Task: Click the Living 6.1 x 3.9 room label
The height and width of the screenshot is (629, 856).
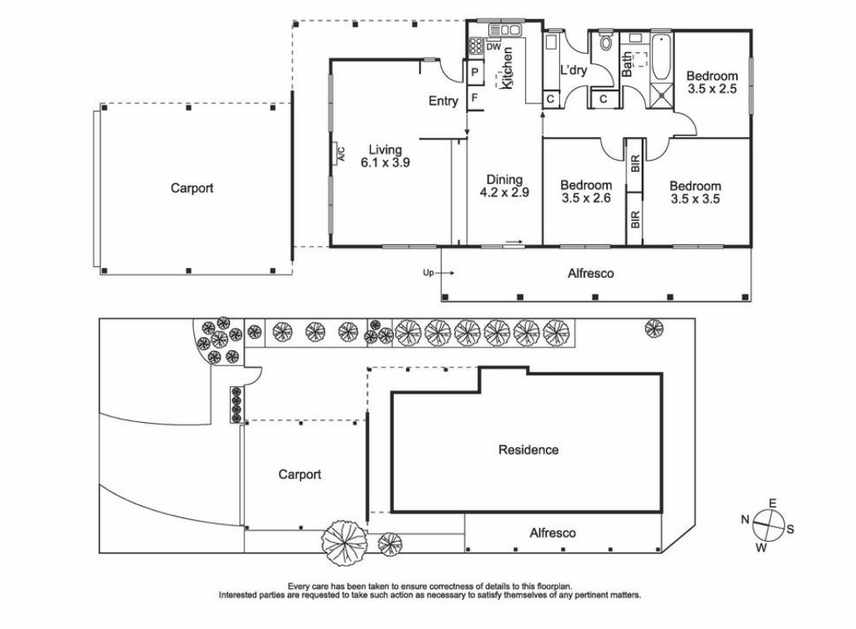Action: pyautogui.click(x=385, y=156)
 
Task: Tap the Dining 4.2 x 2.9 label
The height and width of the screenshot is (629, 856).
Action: pyautogui.click(x=504, y=187)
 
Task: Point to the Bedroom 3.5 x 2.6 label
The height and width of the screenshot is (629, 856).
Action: pyautogui.click(x=586, y=191)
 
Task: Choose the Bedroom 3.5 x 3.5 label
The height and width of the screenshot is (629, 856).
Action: pyautogui.click(x=695, y=191)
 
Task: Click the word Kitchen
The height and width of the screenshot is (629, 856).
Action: pyautogui.click(x=507, y=68)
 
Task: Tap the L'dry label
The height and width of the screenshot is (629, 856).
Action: pyautogui.click(x=573, y=70)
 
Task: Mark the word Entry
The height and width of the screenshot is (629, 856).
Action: pyautogui.click(x=443, y=101)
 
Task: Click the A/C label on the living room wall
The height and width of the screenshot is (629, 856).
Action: pyautogui.click(x=341, y=153)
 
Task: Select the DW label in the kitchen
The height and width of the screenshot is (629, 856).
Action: pyautogui.click(x=493, y=47)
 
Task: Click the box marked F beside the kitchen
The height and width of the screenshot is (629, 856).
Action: pyautogui.click(x=474, y=99)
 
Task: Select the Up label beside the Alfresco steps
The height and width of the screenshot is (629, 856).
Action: pyautogui.click(x=426, y=273)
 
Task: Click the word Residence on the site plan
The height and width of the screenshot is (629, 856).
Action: pyautogui.click(x=528, y=449)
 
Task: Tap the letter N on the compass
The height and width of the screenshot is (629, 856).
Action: pyautogui.click(x=745, y=519)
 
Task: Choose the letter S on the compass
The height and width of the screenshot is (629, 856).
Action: pyautogui.click(x=789, y=529)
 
